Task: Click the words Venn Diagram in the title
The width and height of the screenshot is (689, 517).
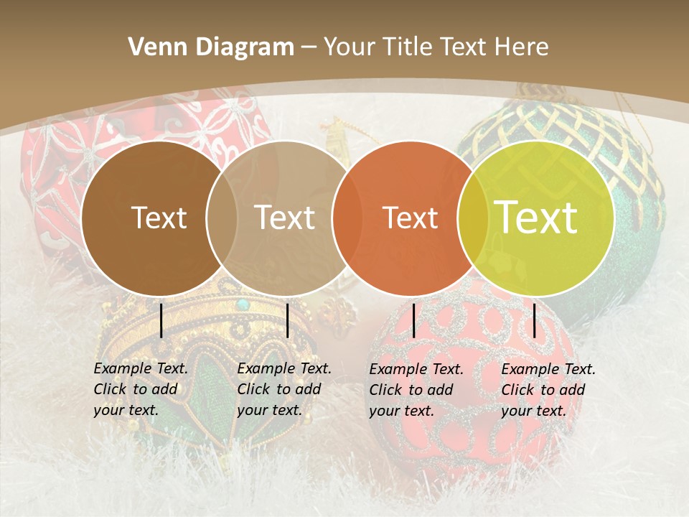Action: pos(210,47)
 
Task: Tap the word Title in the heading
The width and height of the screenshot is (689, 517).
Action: pos(409,47)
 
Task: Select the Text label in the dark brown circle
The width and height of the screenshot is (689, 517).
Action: pos(159,218)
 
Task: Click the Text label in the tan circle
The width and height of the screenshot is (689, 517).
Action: pos(284,218)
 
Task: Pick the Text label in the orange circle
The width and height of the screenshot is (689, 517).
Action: pos(410,218)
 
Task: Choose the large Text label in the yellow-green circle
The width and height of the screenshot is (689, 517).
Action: pos(536,217)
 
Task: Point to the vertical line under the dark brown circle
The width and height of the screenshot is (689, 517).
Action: pos(161,320)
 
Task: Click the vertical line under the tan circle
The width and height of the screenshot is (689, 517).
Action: pos(287,320)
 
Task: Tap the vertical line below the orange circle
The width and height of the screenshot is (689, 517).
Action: pos(413,320)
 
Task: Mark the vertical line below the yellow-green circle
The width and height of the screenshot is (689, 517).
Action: pos(535,320)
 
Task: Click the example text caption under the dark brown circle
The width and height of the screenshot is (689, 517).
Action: pos(140,390)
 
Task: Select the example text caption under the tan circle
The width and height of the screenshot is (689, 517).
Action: pos(283,390)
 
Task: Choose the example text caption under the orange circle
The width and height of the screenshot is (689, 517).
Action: pos(416,390)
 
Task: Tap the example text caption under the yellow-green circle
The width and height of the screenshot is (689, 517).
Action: pos(548,390)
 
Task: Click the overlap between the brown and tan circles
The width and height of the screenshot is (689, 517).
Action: pos(222,218)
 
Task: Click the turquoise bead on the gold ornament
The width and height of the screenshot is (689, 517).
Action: pos(243,304)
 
